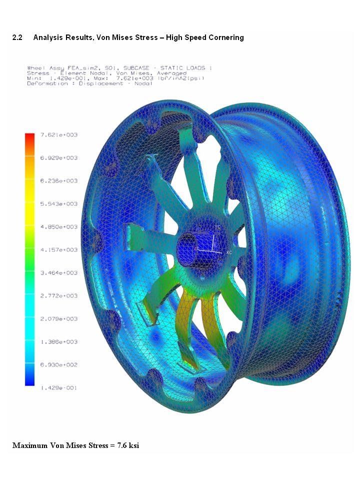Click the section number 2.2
coord(17,37)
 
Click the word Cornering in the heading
coord(226,37)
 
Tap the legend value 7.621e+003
coord(59,134)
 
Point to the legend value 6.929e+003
coord(59,157)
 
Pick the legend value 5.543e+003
coord(59,203)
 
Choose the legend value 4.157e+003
coord(59,250)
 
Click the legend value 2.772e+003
coord(59,295)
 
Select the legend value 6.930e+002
coord(59,364)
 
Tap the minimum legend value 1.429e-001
coord(59,388)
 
